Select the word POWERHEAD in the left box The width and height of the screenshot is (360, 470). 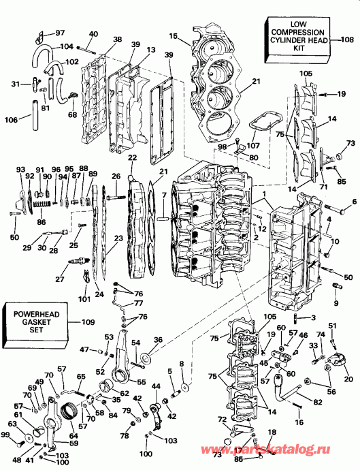33,313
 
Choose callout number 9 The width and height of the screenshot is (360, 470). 336,302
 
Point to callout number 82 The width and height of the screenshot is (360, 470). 318,403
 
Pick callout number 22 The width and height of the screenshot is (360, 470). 132,158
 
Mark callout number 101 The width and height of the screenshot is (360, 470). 84,298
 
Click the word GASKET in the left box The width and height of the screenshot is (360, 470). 33,322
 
